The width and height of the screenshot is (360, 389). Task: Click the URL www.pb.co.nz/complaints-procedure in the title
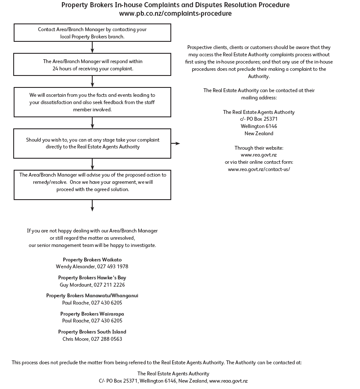click(x=175, y=14)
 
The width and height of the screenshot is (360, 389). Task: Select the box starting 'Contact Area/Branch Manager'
click(x=92, y=33)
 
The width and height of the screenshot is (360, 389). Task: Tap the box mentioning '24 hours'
click(x=92, y=65)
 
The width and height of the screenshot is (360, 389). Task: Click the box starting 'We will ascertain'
click(x=92, y=102)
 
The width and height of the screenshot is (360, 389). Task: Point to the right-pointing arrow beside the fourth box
click(x=176, y=144)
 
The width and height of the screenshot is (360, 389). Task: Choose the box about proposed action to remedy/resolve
click(x=92, y=184)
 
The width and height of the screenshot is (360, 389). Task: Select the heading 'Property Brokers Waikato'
click(x=92, y=260)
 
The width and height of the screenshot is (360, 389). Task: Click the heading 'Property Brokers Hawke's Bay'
click(x=92, y=278)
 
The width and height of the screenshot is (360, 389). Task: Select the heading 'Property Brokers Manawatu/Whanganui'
click(x=92, y=296)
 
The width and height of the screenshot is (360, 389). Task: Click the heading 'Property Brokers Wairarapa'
click(x=92, y=314)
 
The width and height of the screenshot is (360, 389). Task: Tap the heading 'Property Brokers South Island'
click(x=92, y=332)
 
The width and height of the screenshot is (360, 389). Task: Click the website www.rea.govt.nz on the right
click(x=258, y=155)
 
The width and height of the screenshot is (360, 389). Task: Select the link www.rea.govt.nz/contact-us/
click(x=258, y=169)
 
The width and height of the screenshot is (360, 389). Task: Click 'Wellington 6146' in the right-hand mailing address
click(x=258, y=126)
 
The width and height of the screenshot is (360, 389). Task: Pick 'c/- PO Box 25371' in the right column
click(x=258, y=119)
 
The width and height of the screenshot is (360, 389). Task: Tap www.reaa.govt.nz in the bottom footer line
click(x=228, y=381)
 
